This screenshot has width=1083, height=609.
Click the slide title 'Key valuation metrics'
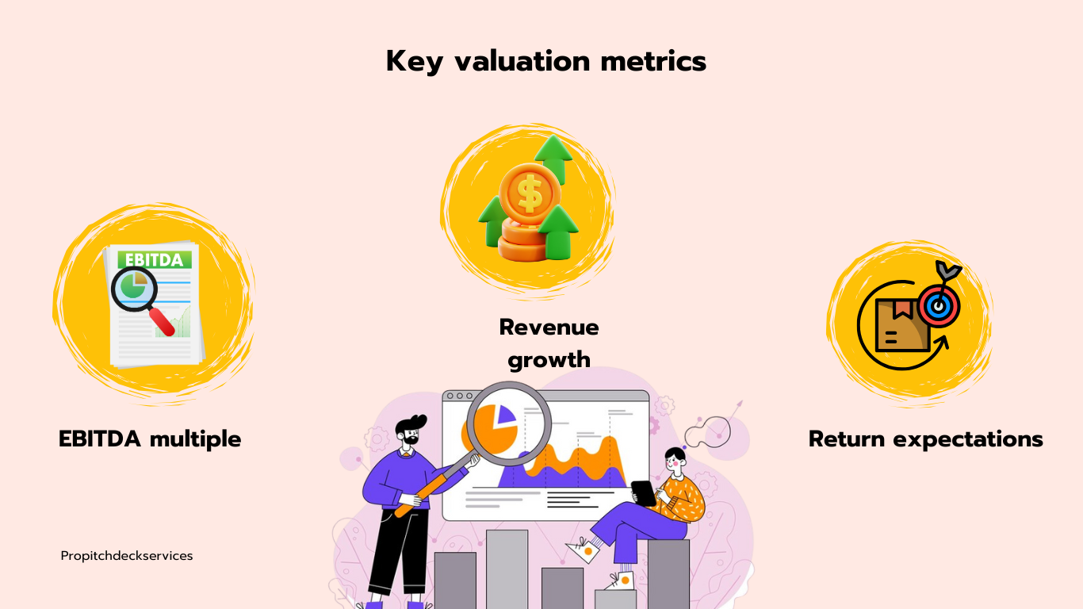(545, 62)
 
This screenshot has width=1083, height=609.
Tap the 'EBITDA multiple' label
(150, 439)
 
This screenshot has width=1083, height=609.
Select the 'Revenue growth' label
(549, 343)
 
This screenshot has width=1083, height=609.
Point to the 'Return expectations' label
(925, 439)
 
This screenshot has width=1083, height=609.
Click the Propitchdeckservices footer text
(127, 556)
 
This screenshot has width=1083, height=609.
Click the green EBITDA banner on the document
(155, 260)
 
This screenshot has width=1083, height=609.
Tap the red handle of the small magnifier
(162, 322)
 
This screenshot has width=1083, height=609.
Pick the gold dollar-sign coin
(530, 194)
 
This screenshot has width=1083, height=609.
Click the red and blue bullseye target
(939, 306)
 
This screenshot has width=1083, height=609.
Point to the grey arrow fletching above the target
(948, 270)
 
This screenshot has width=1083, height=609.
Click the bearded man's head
(409, 432)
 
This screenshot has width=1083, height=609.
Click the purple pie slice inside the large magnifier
(505, 415)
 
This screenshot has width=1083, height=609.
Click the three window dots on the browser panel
(459, 396)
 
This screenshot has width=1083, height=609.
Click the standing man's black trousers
(397, 551)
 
